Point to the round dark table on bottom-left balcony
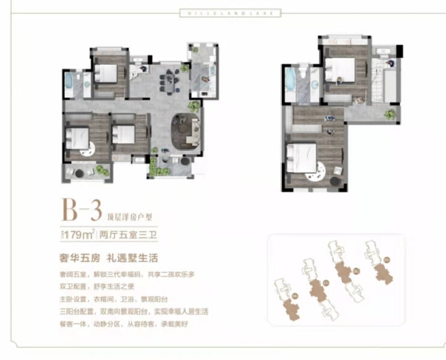coord(79,172)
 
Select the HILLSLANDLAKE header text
coord(222,13)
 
